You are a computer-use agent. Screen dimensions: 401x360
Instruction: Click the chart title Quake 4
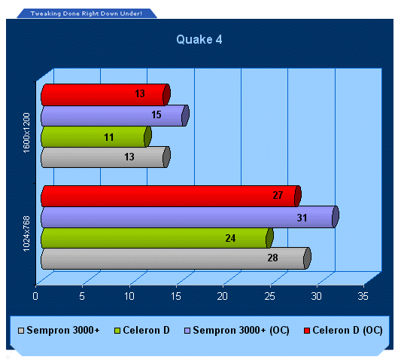[x=199, y=40]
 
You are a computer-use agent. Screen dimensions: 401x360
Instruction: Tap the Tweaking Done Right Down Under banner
[x=87, y=14]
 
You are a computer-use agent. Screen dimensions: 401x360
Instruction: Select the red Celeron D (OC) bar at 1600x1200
[x=105, y=95]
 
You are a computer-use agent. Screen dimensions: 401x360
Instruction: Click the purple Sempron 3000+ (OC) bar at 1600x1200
[x=115, y=115]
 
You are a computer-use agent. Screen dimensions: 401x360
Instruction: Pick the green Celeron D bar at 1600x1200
[x=96, y=136]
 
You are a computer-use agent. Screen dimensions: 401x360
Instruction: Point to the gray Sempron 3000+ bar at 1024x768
[x=176, y=258]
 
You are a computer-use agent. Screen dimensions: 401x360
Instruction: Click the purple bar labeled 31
[x=190, y=217]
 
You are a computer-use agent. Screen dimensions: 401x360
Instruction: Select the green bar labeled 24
[x=157, y=238]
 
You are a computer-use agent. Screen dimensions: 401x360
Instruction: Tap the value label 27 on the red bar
[x=278, y=195]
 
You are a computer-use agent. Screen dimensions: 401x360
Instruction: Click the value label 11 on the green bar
[x=109, y=137]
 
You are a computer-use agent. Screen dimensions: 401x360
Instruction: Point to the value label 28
[x=272, y=258]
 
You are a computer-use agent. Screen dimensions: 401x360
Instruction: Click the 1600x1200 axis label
[x=26, y=133]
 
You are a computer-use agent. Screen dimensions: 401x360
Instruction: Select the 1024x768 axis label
[x=26, y=233]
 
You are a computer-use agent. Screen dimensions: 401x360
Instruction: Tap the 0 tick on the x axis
[x=35, y=296]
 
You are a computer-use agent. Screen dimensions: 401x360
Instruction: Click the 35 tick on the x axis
[x=363, y=296]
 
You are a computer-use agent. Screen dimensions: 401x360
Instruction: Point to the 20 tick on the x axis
[x=223, y=296]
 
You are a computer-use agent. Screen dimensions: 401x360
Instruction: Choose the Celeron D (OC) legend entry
[x=343, y=331]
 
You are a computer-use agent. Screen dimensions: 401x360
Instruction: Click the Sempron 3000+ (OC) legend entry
[x=237, y=331]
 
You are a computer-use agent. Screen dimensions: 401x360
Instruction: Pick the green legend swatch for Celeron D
[x=117, y=331]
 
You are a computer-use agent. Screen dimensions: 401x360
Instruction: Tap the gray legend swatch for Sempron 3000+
[x=21, y=331]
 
